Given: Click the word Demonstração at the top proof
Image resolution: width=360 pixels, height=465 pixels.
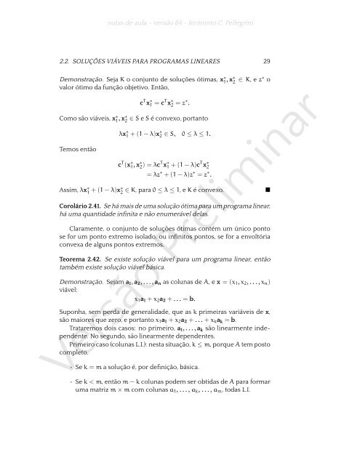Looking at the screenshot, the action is coord(81,77).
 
